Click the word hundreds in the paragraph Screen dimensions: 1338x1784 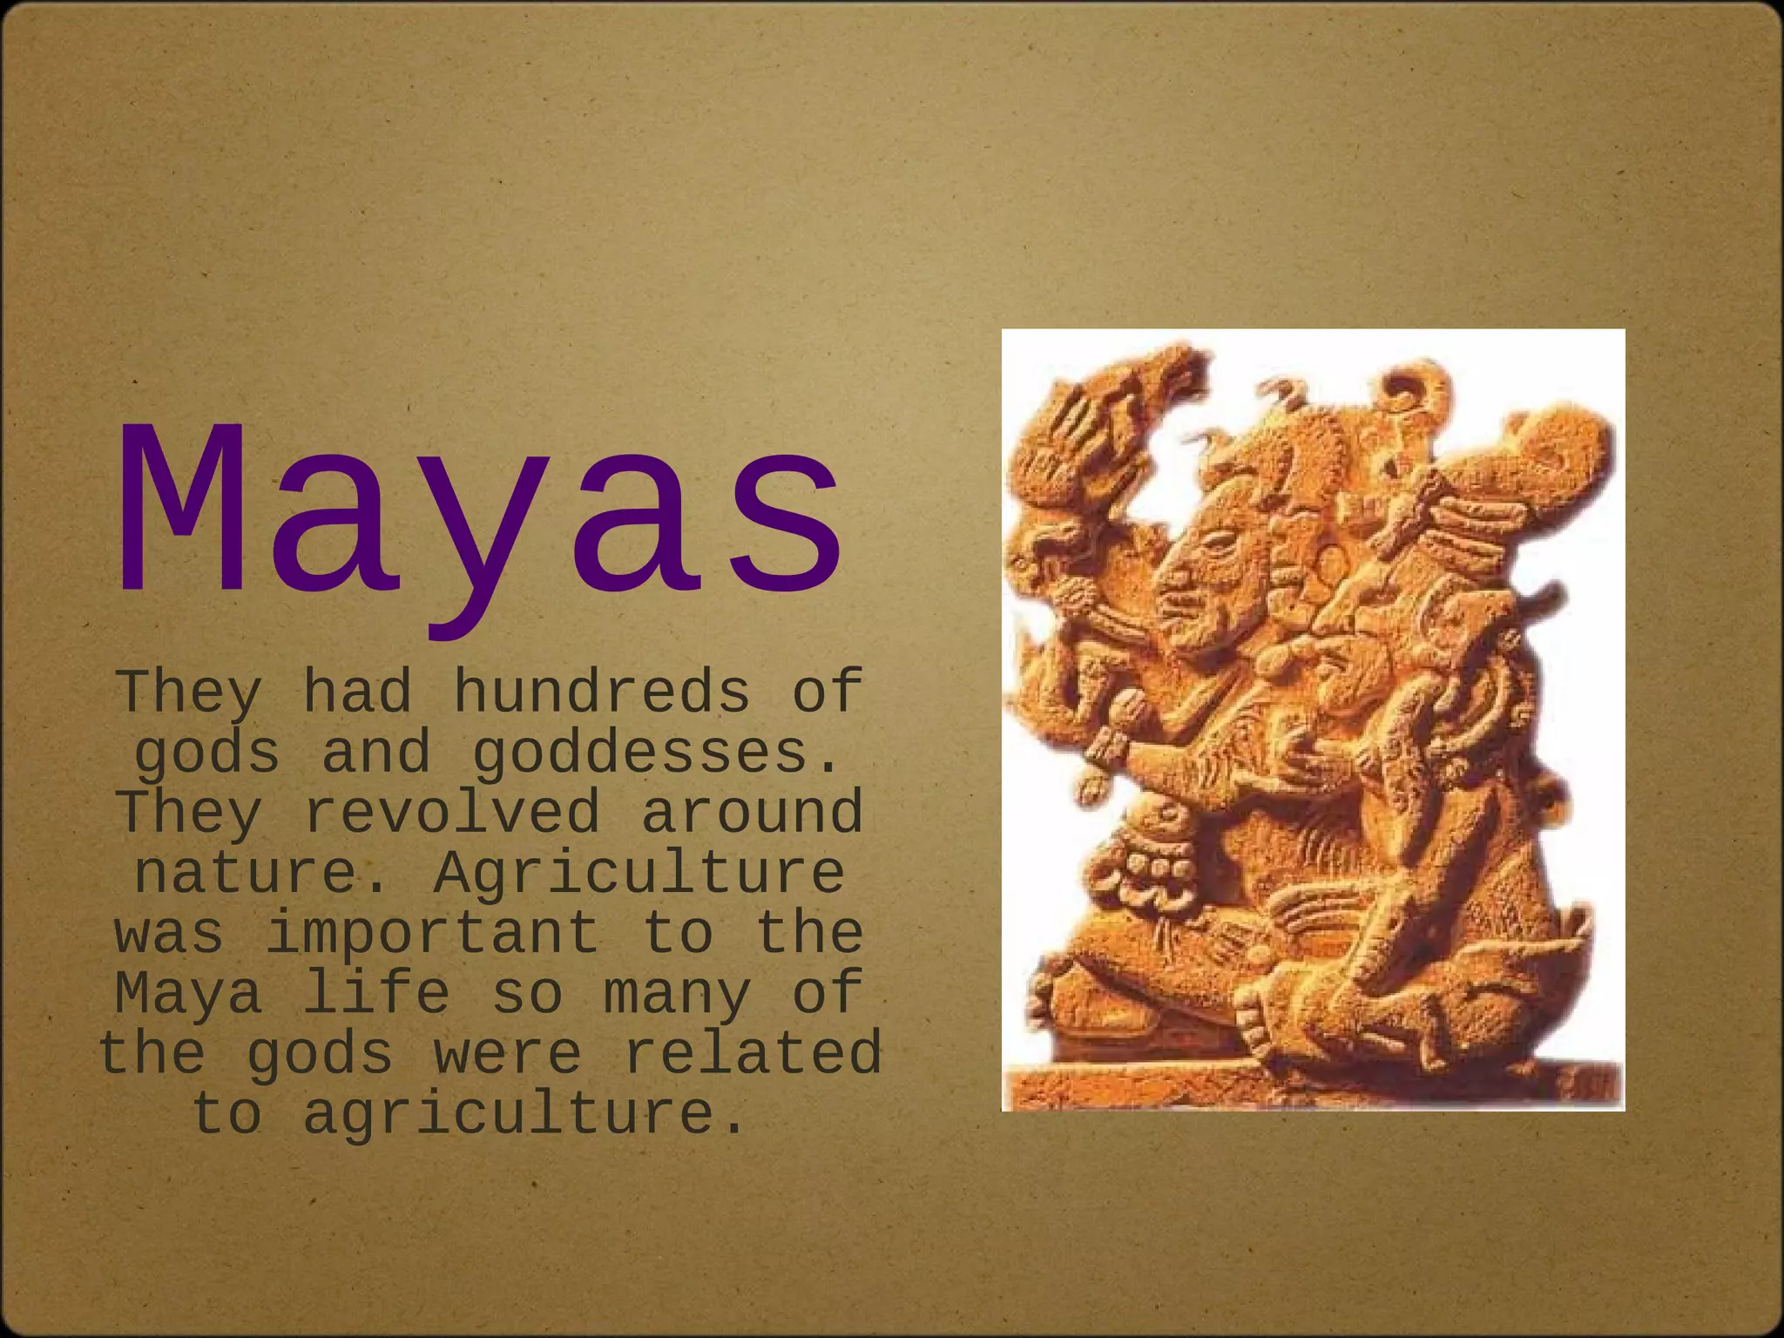point(602,692)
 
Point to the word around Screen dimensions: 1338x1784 point(752,812)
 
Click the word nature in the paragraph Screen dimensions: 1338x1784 point(246,872)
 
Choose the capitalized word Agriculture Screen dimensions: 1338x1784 point(639,872)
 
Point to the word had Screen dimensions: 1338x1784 point(356,692)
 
